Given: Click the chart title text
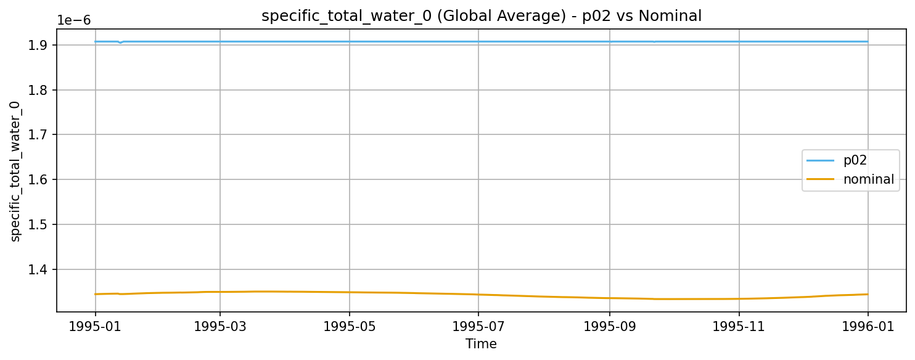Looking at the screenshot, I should pyautogui.click(x=482, y=16).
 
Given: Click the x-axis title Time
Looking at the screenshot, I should pyautogui.click(x=481, y=344).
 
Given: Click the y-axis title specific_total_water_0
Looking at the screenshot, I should pyautogui.click(x=16, y=171).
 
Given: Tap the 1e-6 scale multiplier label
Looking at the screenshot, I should pyautogui.click(x=74, y=20).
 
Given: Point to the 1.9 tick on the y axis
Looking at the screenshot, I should pyautogui.click(x=39, y=45).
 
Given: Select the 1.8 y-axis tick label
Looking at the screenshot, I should pyautogui.click(x=39, y=90).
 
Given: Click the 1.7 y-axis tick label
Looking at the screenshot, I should pyautogui.click(x=39, y=134).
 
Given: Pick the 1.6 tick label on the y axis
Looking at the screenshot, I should pyautogui.click(x=39, y=179).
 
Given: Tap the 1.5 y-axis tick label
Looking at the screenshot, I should pyautogui.click(x=39, y=224).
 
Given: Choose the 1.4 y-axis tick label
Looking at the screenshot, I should pyautogui.click(x=39, y=269).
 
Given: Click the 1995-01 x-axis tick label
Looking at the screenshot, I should pyautogui.click(x=95, y=326).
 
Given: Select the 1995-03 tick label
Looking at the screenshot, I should pyautogui.click(x=220, y=326).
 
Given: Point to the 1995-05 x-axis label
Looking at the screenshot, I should pyautogui.click(x=350, y=326).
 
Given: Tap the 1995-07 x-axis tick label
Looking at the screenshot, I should pyautogui.click(x=478, y=326).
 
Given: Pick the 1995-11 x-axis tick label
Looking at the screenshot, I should pyautogui.click(x=739, y=326).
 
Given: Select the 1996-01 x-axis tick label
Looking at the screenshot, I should pyautogui.click(x=868, y=326).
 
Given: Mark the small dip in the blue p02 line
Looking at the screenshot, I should pyautogui.click(x=120, y=43).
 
